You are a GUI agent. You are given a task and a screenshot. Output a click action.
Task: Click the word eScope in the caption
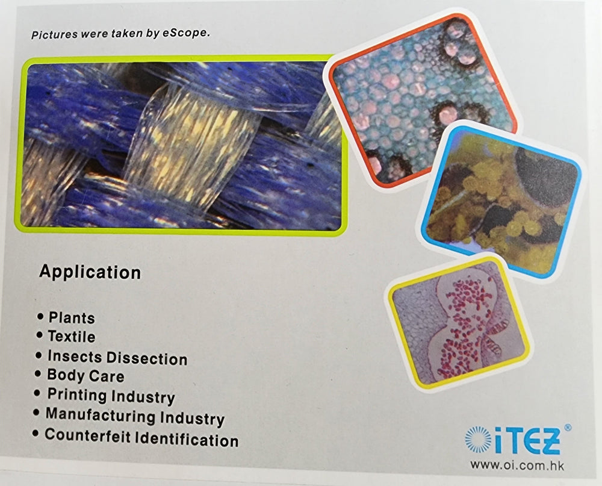coord(186,33)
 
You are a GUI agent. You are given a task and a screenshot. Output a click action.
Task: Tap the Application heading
coord(90,272)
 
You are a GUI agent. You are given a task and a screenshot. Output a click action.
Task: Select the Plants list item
coord(72,318)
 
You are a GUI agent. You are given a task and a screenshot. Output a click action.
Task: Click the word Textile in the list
coord(72,337)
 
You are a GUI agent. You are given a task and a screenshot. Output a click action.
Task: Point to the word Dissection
coord(147,358)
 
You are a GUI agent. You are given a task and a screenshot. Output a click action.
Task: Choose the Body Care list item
coord(85,375)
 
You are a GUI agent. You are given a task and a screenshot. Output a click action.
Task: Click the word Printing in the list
coord(77,395)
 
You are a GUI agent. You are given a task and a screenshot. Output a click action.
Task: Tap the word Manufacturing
coord(101,415)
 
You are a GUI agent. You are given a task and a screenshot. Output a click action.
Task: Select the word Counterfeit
coord(87,435)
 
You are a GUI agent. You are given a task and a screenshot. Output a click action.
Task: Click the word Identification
coord(187,439)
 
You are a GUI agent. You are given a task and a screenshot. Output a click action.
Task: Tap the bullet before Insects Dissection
coord(39,355)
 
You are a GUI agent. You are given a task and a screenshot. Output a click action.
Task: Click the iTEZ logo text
coord(527,441)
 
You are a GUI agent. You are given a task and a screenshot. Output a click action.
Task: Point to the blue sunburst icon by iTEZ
coord(478,439)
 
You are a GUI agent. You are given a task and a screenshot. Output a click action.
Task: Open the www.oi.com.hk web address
coord(517,466)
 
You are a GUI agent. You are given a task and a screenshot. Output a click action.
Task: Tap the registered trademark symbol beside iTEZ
coord(568,428)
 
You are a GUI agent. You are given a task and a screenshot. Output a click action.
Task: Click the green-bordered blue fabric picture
coord(181,145)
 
